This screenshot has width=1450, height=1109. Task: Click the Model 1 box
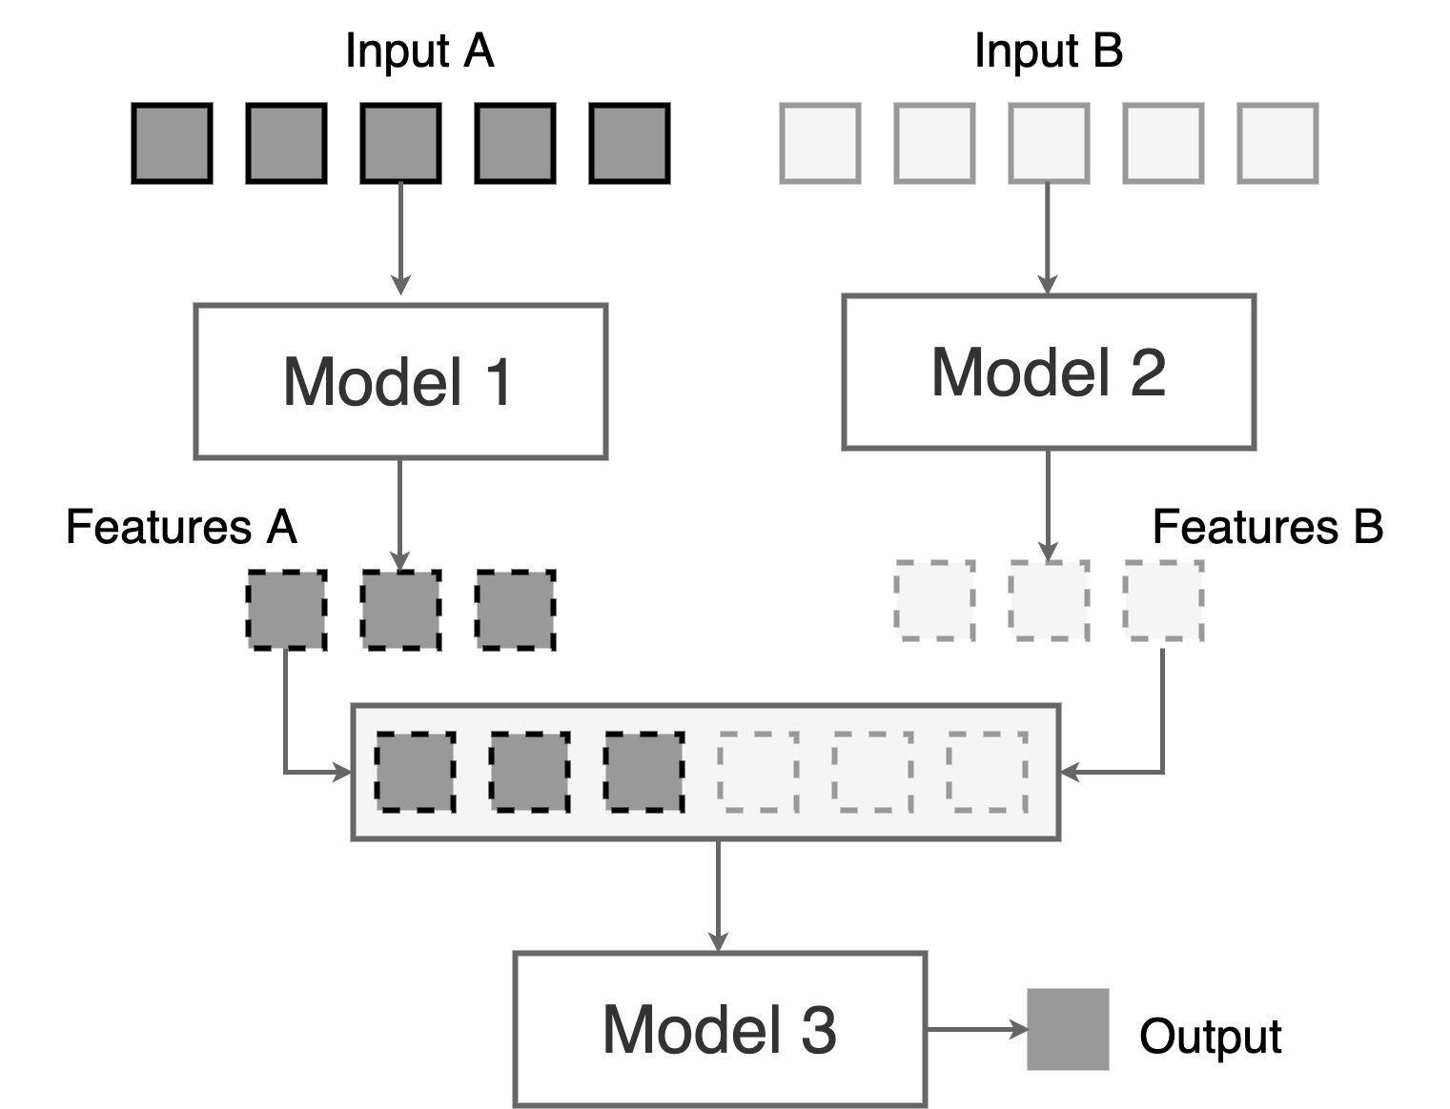pos(400,381)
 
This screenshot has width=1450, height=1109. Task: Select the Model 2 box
pos(1049,372)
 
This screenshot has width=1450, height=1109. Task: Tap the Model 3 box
pos(720,1029)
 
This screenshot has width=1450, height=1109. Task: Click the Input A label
pos(419,50)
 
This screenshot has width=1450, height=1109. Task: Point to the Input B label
pos(1049,50)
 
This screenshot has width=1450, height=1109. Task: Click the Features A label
pos(181,527)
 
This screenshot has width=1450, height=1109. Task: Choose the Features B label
pos(1268,527)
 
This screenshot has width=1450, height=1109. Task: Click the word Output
pos(1210,1036)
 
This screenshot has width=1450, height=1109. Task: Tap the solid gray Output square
pos(1068,1029)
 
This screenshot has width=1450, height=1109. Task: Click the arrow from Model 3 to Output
pos(976,1029)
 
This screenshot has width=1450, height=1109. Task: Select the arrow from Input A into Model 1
pos(400,238)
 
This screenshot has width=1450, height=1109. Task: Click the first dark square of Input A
pos(173,143)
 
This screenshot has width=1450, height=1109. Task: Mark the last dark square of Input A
pos(629,143)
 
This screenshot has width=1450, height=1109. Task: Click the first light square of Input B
pos(820,143)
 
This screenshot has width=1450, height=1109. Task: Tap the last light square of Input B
pos(1277,143)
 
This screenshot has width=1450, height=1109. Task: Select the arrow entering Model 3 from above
pos(718,896)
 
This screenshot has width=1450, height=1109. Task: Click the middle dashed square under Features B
pos(1049,600)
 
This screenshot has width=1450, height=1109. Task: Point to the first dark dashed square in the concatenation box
pos(415,772)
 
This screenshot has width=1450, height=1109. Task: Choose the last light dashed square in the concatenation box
pos(988,772)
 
